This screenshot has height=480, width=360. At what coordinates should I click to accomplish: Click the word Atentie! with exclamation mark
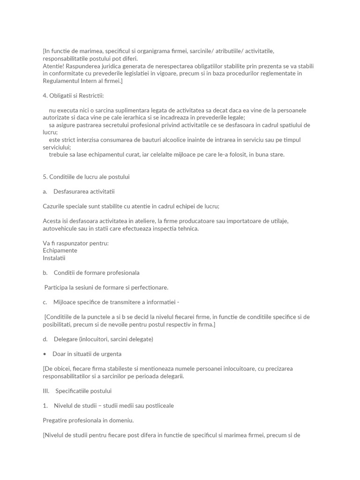pos(54,66)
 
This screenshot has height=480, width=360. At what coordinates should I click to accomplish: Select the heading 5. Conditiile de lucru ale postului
pos(86,177)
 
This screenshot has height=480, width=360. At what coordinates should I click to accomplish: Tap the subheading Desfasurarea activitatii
pos(84,191)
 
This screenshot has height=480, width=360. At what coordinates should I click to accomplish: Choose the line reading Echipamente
pos(60,250)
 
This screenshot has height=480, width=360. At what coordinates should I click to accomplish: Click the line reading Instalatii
pos(54,258)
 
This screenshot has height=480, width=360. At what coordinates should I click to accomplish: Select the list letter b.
pos(45,272)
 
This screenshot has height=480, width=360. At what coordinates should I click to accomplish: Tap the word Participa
pos(58,287)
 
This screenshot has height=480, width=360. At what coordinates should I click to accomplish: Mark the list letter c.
pos(45,302)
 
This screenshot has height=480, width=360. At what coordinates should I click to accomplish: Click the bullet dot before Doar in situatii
pos(45,354)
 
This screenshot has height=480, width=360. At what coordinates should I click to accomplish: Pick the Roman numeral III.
pos(46,390)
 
